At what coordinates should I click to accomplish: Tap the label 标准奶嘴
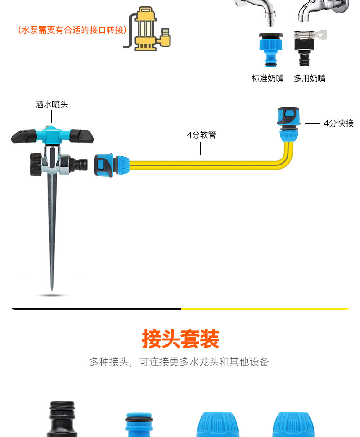(x=267, y=78)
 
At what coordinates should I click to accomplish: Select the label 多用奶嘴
(x=309, y=78)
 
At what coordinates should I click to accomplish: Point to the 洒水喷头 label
(x=52, y=104)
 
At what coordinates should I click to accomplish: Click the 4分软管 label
(x=201, y=135)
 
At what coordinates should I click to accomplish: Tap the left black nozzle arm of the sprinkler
(x=23, y=136)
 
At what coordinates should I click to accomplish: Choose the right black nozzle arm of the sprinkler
(x=83, y=136)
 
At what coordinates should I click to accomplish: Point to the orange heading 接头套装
(x=180, y=339)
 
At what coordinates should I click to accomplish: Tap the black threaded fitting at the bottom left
(x=63, y=419)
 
